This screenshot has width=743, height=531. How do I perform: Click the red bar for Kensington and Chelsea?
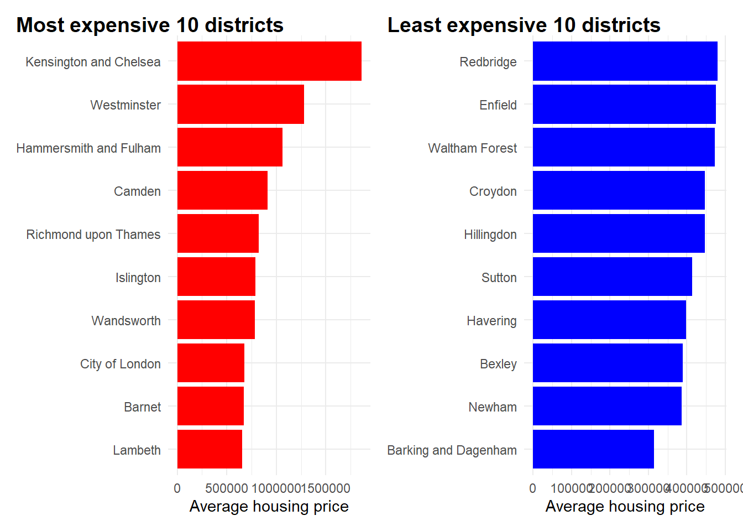pos(269,61)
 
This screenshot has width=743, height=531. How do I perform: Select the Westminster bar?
pos(240,105)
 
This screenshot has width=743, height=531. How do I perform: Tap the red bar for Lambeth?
pos(210,449)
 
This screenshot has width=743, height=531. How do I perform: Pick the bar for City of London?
pos(211,363)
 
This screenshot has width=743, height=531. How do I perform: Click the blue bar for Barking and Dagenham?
pos(593,449)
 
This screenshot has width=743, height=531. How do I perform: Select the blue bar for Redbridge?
pos(625,61)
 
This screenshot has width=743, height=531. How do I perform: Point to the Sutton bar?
pos(612,277)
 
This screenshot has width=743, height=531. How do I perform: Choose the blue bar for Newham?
pos(607,406)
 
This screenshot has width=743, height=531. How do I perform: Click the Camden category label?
pos(137,191)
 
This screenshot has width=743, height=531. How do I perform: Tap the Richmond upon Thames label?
pos(93,235)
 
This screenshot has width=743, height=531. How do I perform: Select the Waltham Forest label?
pos(472,148)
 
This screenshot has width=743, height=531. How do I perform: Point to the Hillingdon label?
pos(490,235)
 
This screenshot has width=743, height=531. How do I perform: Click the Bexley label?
pos(498,364)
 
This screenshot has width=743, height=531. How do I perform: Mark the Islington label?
pos(138,278)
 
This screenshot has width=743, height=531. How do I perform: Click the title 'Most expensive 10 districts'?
pos(150,25)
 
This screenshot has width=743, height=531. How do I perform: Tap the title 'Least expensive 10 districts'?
pos(524,25)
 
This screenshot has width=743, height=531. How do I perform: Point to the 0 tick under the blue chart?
pos(532,488)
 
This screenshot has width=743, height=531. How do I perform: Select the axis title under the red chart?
pos(269,507)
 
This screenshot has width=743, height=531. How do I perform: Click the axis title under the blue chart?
pos(625,507)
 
